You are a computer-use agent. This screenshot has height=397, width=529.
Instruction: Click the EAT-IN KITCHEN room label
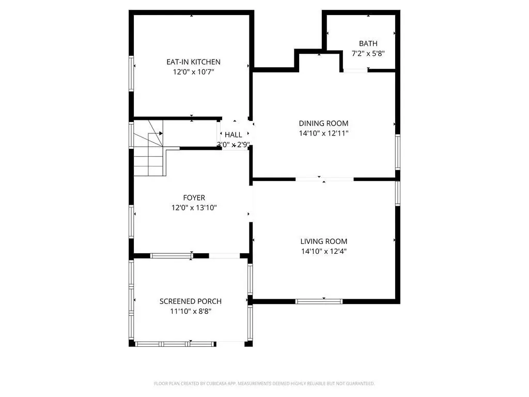pyautogui.click(x=193, y=62)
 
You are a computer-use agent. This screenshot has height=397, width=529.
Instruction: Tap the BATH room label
pyautogui.click(x=368, y=43)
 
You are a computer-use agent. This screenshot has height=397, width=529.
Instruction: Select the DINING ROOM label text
pyautogui.click(x=323, y=123)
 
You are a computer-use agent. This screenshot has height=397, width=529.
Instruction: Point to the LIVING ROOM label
pyautogui.click(x=324, y=241)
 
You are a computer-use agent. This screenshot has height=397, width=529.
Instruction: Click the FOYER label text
pyautogui.click(x=194, y=197)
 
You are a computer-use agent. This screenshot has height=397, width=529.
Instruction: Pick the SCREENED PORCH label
pyautogui.click(x=191, y=301)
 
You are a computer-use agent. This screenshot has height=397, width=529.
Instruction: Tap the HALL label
pyautogui.click(x=234, y=135)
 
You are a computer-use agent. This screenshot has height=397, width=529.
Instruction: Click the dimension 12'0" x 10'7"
pyautogui.click(x=194, y=71)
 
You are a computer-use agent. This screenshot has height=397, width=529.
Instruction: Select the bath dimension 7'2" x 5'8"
pyautogui.click(x=368, y=53)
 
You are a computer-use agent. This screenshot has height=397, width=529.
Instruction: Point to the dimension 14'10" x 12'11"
pyautogui.click(x=323, y=133)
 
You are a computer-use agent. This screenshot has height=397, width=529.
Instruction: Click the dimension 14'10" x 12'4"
pyautogui.click(x=324, y=251)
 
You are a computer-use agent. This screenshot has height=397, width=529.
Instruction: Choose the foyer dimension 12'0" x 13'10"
pyautogui.click(x=194, y=208)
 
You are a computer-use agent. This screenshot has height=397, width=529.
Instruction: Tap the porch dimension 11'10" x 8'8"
pyautogui.click(x=191, y=311)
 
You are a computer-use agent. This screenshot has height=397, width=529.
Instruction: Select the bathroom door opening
pyautogui.click(x=355, y=70)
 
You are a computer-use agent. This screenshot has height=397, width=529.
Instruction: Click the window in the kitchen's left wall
pyautogui.click(x=132, y=73)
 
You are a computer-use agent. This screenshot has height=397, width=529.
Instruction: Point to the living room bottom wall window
pyautogui.click(x=319, y=301)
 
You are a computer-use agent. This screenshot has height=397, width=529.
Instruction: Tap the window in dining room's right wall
pyautogui.click(x=398, y=152)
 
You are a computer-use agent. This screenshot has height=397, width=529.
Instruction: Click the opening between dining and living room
pyautogui.click(x=324, y=179)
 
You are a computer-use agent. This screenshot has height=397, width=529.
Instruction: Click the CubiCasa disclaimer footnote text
pyautogui.click(x=264, y=384)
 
